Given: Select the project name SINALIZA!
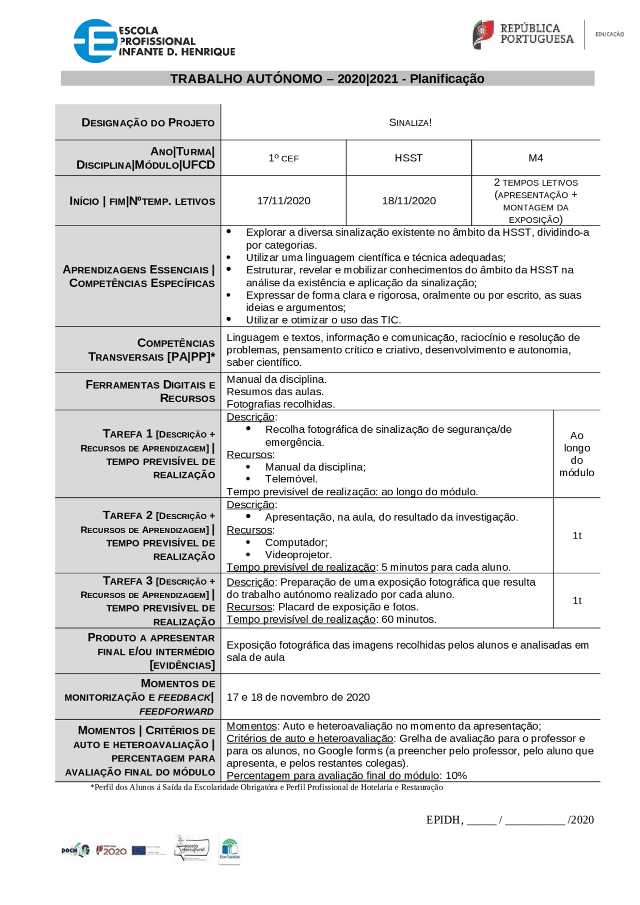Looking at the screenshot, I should pyautogui.click(x=410, y=123).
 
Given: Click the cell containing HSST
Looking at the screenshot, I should pyautogui.click(x=408, y=158).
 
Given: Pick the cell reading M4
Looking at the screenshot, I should pyautogui.click(x=535, y=158).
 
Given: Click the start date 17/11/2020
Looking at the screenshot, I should pyautogui.click(x=283, y=201).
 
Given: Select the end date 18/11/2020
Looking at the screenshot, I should pyautogui.click(x=408, y=201).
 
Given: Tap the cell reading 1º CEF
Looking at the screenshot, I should pyautogui.click(x=283, y=158).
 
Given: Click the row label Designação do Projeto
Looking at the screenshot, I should pyautogui.click(x=148, y=123).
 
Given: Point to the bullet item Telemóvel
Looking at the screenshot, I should pyautogui.click(x=291, y=479).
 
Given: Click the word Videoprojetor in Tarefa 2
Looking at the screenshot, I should pyautogui.click(x=298, y=555).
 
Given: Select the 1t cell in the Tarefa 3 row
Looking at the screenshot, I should pyautogui.click(x=577, y=601).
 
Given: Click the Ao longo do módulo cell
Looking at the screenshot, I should pyautogui.click(x=576, y=454).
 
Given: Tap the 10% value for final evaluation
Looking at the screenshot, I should pyautogui.click(x=456, y=776).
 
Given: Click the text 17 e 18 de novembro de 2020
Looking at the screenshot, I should pyautogui.click(x=298, y=697).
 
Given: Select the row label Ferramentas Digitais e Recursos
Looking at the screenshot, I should pyautogui.click(x=150, y=391).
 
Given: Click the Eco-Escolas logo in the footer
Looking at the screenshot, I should pyautogui.click(x=229, y=849).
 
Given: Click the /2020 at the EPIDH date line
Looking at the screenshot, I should pyautogui.click(x=580, y=820).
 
